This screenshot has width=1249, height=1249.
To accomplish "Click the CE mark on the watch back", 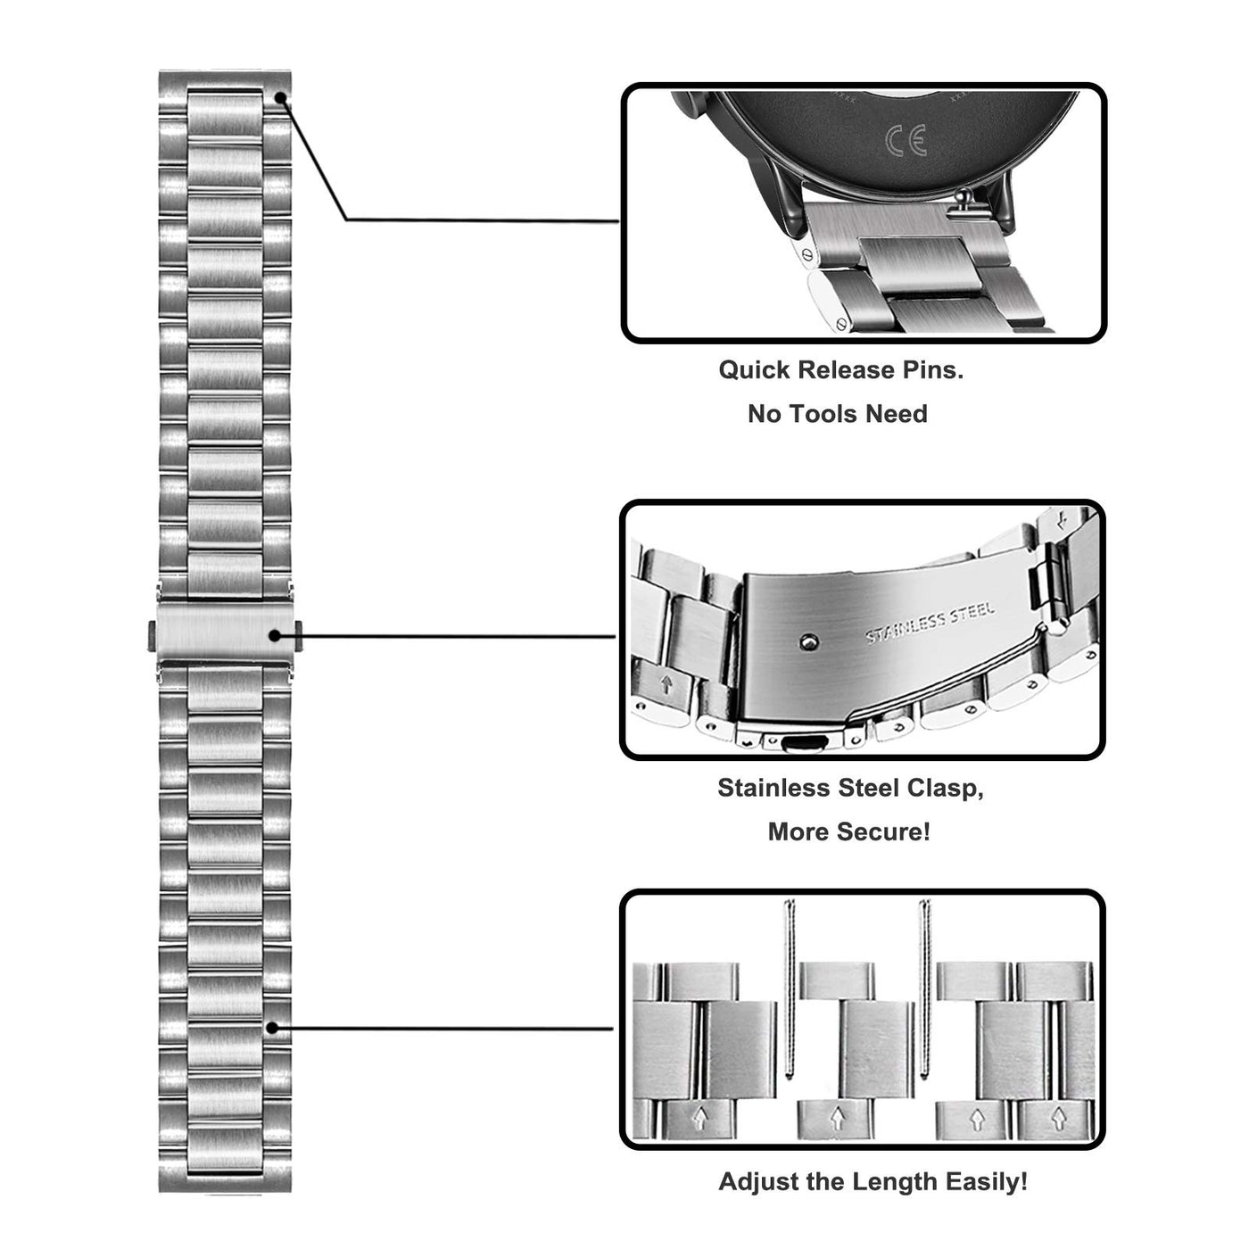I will click(906, 141).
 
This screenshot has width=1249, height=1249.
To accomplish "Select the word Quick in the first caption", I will click(756, 370).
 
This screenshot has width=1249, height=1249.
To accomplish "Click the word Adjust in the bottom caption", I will click(757, 1182).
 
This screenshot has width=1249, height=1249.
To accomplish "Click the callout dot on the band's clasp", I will click(276, 635).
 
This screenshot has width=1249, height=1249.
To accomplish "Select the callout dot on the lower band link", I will click(272, 1028).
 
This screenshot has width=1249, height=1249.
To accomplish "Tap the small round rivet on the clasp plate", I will click(806, 641).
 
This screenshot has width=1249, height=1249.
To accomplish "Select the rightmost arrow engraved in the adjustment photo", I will click(1059, 1116).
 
